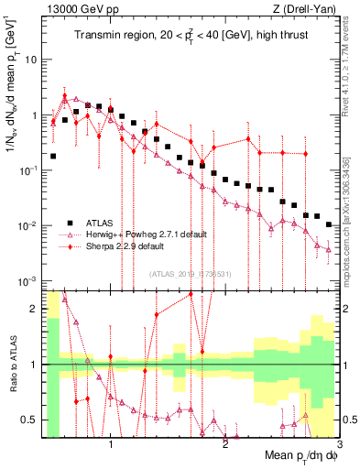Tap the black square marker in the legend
[70, 223]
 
